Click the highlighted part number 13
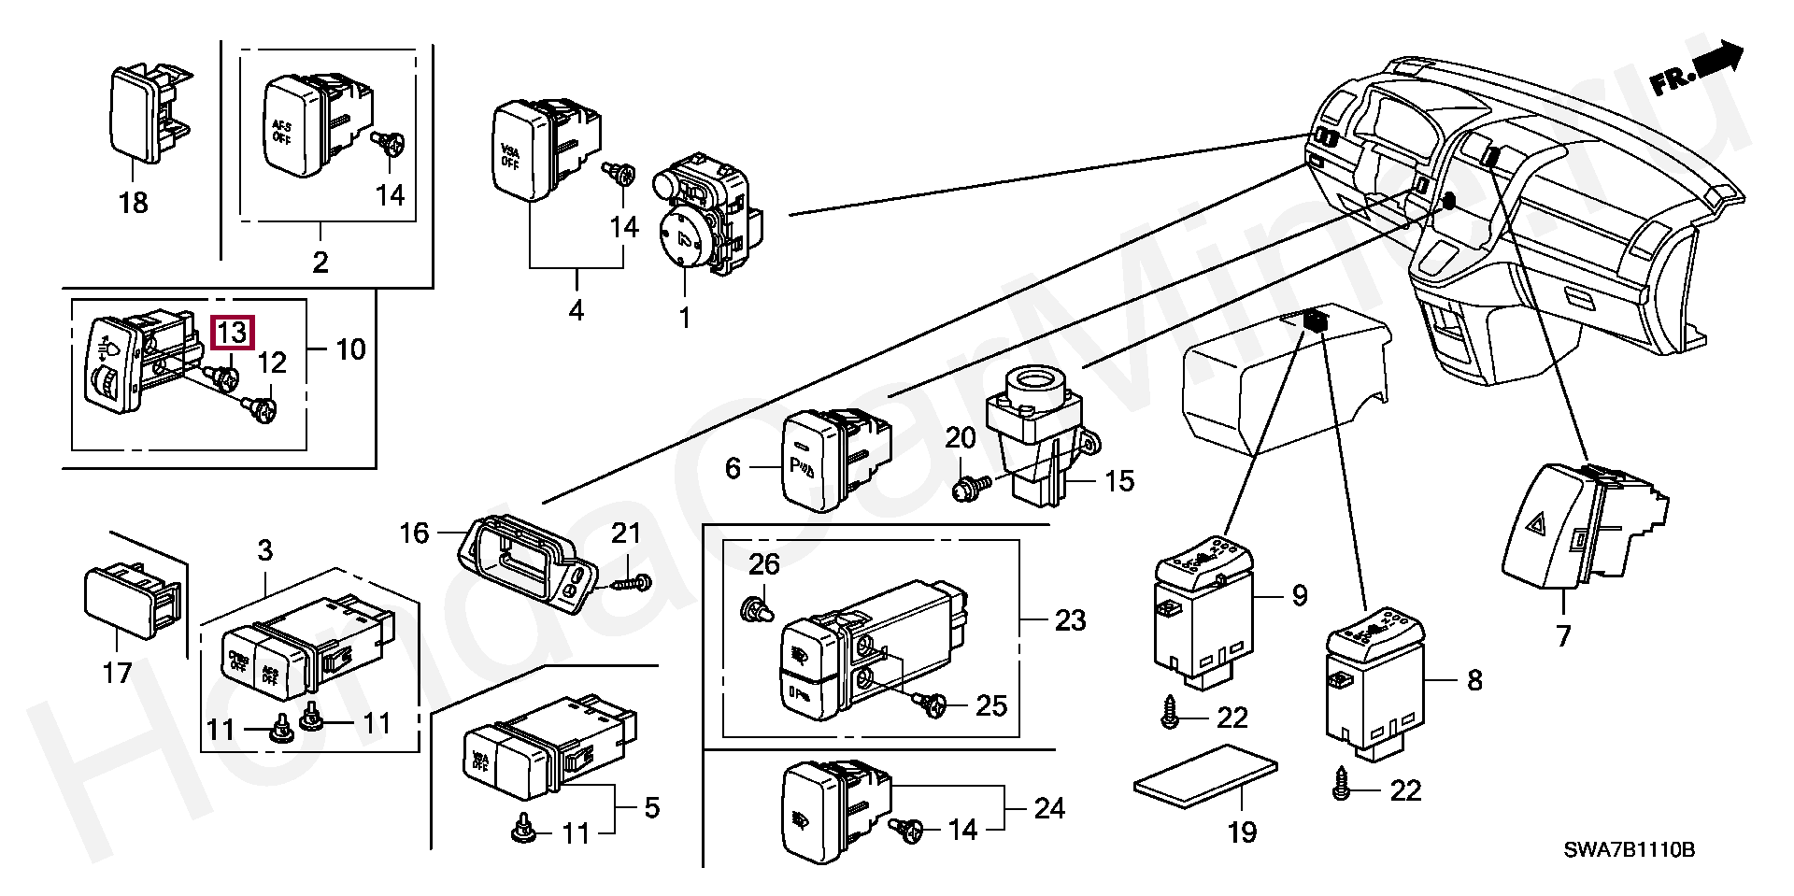(x=232, y=332)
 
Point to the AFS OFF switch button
(x=292, y=126)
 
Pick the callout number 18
(x=133, y=202)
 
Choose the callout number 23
(x=1070, y=619)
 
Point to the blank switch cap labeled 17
(x=121, y=602)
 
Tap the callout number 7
(x=1563, y=635)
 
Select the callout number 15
(x=1118, y=481)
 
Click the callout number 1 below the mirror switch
(x=684, y=318)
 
